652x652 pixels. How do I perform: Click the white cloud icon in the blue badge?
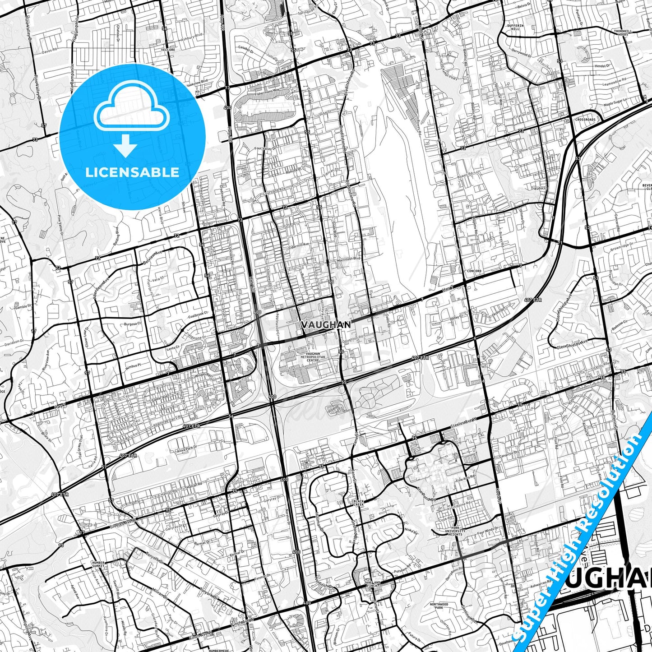pyautogui.click(x=132, y=109)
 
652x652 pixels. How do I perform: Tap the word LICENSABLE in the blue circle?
pyautogui.click(x=132, y=172)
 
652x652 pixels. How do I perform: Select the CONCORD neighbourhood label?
pyautogui.click(x=474, y=271)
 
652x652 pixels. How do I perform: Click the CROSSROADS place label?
pyautogui.click(x=585, y=120)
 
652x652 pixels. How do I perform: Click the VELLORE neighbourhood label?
pyautogui.click(x=167, y=50)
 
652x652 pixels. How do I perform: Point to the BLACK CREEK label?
pyautogui.click(x=359, y=503)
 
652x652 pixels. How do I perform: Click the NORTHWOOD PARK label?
pyautogui.click(x=439, y=606)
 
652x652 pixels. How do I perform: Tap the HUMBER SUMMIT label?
pyautogui.click(x=98, y=564)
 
